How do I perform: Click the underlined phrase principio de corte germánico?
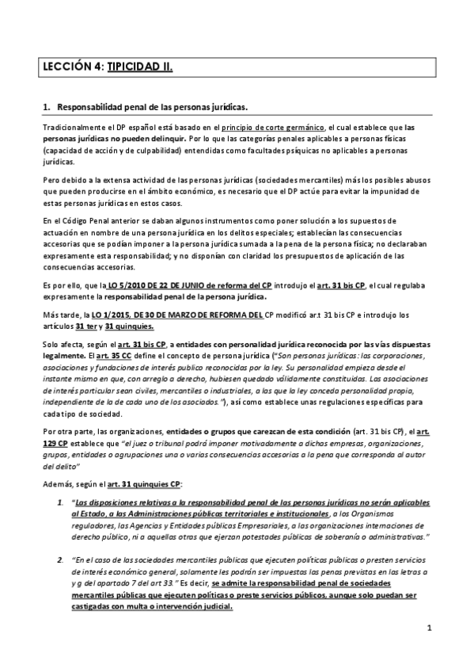click(x=272, y=127)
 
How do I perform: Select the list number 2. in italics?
click(x=61, y=559)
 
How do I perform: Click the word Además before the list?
click(x=58, y=481)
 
